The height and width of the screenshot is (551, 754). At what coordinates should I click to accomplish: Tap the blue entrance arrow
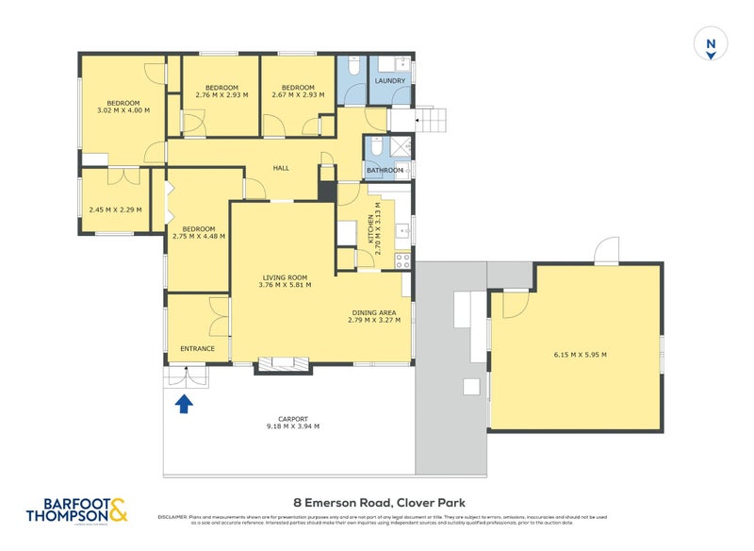[184, 404]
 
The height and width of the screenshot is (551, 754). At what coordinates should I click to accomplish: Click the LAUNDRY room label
[389, 81]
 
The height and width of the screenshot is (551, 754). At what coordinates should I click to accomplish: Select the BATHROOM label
[385, 171]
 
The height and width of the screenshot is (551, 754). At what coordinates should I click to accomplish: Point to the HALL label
[281, 168]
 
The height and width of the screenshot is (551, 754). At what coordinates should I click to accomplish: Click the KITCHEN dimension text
[378, 230]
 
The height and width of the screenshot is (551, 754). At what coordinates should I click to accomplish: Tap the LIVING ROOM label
[286, 277]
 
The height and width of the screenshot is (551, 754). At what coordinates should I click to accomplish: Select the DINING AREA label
[374, 312]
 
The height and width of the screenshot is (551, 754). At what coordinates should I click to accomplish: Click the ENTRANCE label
[197, 348]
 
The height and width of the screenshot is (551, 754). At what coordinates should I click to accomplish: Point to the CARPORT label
[293, 419]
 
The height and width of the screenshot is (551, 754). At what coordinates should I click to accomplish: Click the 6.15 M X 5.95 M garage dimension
[579, 355]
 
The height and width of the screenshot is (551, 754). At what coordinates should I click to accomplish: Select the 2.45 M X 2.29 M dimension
[114, 209]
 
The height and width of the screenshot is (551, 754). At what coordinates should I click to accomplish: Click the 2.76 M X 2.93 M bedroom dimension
[221, 94]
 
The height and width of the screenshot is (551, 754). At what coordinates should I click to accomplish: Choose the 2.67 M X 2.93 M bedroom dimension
[297, 94]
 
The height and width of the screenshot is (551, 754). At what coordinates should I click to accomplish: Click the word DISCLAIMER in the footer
[172, 517]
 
